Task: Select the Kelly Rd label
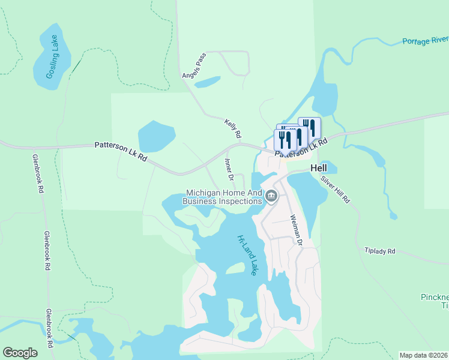(232, 127)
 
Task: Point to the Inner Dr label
(228, 169)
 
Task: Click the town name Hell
(318, 169)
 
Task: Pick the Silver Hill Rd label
(335, 190)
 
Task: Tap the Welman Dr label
(295, 230)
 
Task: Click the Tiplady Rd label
(380, 251)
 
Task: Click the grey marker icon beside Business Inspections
(271, 196)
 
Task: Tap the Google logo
(20, 353)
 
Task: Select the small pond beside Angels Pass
(208, 82)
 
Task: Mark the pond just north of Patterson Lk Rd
(155, 136)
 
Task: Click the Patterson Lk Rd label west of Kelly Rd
(121, 151)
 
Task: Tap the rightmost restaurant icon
(309, 127)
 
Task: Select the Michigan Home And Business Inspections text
(223, 197)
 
